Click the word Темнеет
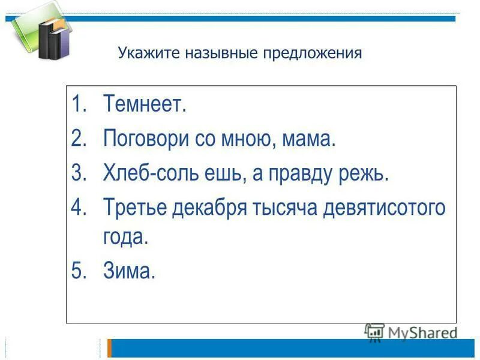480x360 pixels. point(145,106)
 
